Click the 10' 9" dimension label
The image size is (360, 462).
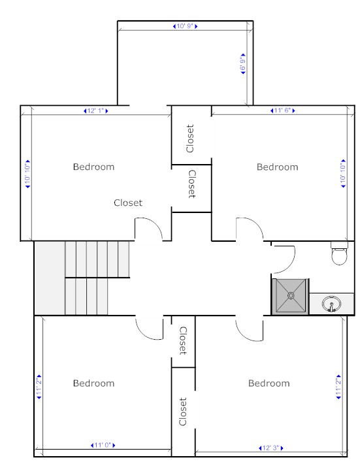pyautogui.click(x=185, y=26)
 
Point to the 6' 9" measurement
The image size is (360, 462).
pyautogui.click(x=243, y=64)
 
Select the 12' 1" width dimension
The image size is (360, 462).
pyautogui.click(x=96, y=111)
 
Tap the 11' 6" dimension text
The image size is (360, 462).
pyautogui.click(x=282, y=110)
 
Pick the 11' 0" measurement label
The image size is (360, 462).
pyautogui.click(x=103, y=445)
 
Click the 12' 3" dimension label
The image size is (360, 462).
pyautogui.click(x=270, y=448)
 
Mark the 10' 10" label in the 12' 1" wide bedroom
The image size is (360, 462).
pyautogui.click(x=27, y=174)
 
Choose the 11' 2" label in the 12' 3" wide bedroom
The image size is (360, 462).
pyautogui.click(x=338, y=387)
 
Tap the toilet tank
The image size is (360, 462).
pyautogui.click(x=339, y=245)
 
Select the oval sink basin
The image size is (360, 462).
pyautogui.click(x=331, y=304)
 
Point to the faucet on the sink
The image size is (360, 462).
pyautogui.click(x=331, y=308)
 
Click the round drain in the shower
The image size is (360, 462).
pyautogui.click(x=291, y=295)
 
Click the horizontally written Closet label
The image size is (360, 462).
pyautogui.click(x=128, y=203)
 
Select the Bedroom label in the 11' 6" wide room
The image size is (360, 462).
pyautogui.click(x=277, y=167)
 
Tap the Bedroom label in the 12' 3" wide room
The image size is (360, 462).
pyautogui.click(x=269, y=383)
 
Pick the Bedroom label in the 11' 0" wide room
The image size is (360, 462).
pyautogui.click(x=93, y=383)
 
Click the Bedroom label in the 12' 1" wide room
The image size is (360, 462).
pyautogui.click(x=93, y=167)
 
